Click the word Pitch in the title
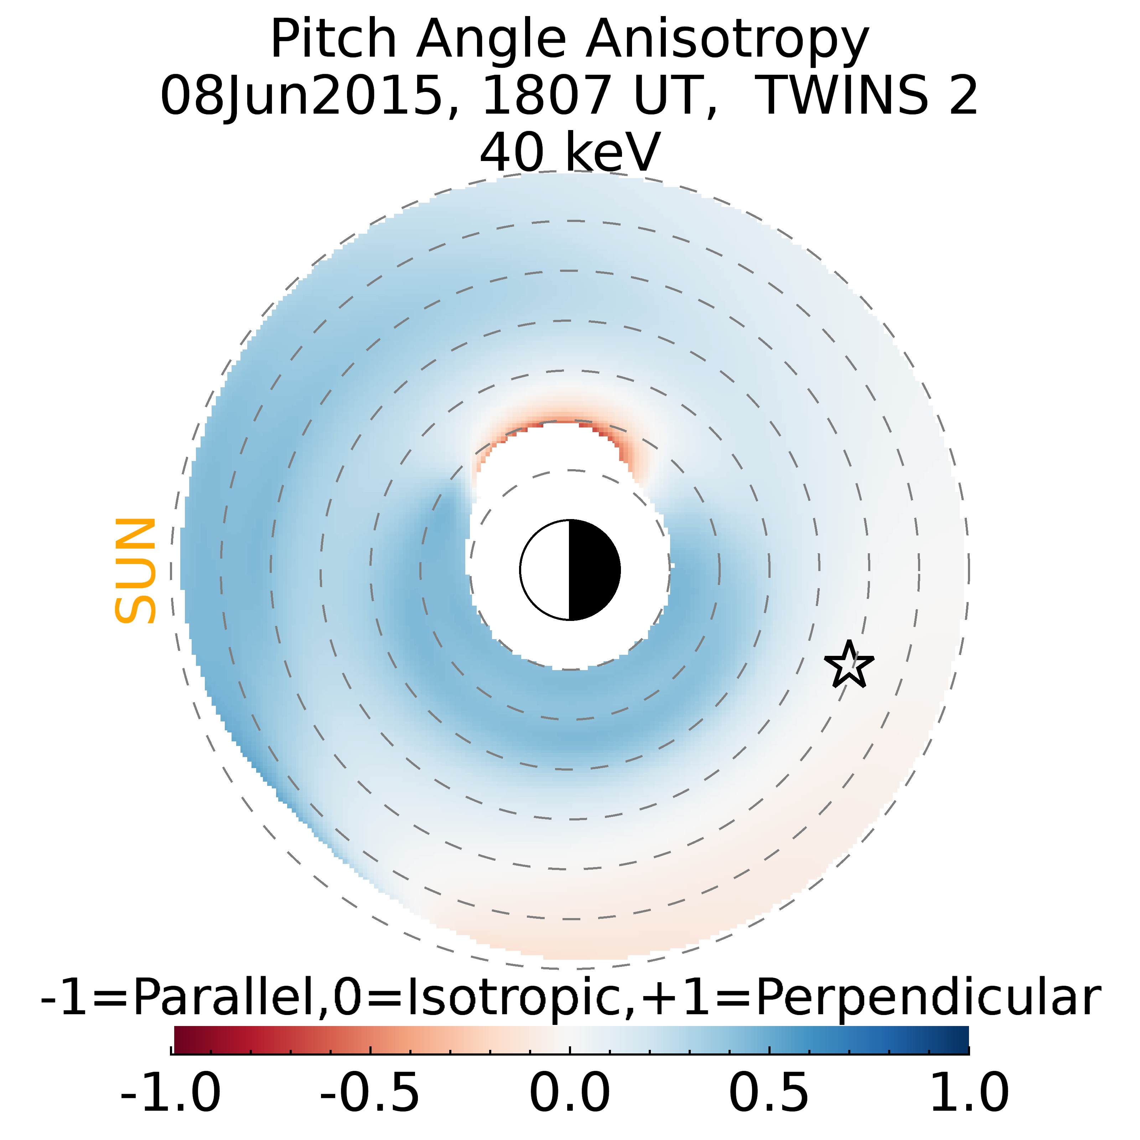[x=333, y=40]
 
